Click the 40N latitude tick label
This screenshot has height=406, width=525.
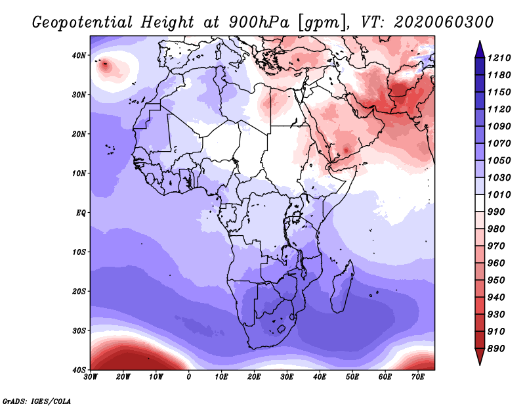click(x=79, y=55)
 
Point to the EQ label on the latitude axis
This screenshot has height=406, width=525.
click(x=81, y=213)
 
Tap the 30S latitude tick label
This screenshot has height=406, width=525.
click(x=79, y=331)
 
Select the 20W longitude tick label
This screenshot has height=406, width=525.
click(x=123, y=377)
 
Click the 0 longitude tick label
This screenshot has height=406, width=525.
click(x=189, y=377)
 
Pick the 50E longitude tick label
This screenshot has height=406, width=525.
click(x=352, y=377)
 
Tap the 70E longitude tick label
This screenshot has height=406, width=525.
click(x=418, y=377)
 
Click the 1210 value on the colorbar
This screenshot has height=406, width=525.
click(x=499, y=58)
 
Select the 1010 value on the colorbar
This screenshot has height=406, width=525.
click(x=499, y=194)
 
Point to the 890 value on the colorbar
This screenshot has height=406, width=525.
click(x=496, y=349)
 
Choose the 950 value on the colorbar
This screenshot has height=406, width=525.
click(x=496, y=281)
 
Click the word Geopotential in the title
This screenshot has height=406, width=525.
click(x=83, y=22)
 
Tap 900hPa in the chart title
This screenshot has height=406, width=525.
click(x=259, y=22)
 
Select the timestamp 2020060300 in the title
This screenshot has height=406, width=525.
click(x=444, y=22)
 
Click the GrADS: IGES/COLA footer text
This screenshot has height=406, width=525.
click(x=37, y=401)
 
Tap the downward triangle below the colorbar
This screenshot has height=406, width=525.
click(x=480, y=356)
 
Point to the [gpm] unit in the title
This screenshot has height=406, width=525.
click(x=322, y=23)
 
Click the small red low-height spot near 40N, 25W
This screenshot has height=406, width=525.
click(x=106, y=65)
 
